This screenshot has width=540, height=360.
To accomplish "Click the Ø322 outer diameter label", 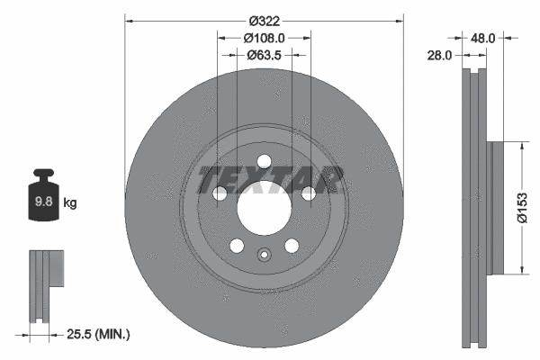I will coord(265,20).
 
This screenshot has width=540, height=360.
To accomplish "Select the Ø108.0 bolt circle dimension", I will coord(265,38).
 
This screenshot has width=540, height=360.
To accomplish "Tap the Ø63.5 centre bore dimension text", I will coord(265,54).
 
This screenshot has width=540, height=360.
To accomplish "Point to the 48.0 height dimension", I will coord(484,38).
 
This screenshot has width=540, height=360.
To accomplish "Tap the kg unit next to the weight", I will coord(70,203).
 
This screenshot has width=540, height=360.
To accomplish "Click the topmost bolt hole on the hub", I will coord(265,162).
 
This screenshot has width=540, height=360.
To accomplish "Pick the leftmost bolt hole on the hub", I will coord(220,193).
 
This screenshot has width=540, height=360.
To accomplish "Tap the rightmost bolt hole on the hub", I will coord(309,193).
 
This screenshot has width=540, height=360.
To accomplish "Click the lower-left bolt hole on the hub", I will coord(237,246).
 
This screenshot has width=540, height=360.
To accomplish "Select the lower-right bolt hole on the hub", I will coord(292,246).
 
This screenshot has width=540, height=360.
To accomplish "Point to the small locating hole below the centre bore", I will coord(264,254).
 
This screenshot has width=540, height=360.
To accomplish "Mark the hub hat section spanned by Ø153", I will coord(498,207).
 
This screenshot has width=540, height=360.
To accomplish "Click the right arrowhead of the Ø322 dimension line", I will coord(400,20).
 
